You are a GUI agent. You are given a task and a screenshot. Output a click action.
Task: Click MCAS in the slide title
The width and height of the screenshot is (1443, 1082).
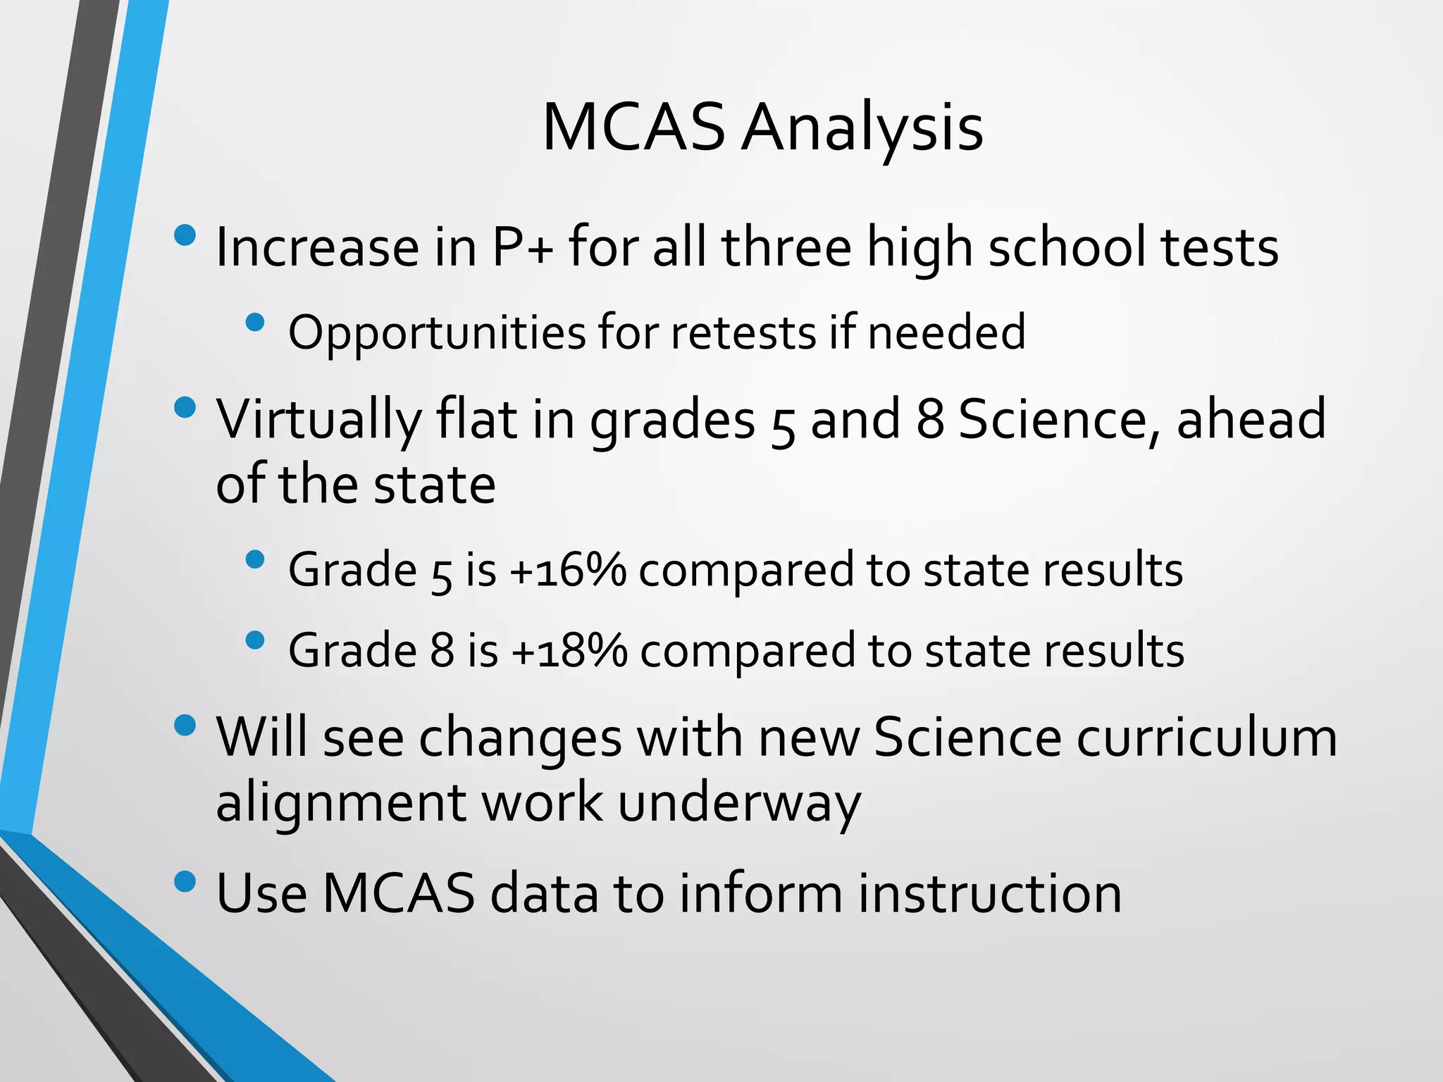[x=633, y=128]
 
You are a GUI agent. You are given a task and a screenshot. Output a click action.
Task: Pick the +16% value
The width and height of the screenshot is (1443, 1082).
[x=567, y=569]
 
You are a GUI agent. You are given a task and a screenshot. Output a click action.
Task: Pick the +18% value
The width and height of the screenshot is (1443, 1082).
[x=569, y=650]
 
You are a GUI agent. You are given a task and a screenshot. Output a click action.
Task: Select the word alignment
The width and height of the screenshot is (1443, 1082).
[x=339, y=803]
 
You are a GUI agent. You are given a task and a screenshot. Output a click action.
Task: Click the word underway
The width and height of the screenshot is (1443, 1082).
[x=739, y=803]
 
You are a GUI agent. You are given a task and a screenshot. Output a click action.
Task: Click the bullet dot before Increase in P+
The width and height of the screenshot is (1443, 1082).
[x=185, y=235]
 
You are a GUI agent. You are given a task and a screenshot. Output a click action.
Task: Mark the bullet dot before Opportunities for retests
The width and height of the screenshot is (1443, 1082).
[x=255, y=323]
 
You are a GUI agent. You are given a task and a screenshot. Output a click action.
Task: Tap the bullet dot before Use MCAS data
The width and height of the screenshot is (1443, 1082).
[x=185, y=882]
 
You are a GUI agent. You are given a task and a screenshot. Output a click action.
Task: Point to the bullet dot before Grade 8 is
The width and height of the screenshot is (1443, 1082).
[x=255, y=640]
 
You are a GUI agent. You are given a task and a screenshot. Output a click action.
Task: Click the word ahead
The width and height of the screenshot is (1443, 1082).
[x=1251, y=419]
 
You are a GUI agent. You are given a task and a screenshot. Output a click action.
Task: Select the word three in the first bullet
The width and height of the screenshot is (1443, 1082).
[x=786, y=248]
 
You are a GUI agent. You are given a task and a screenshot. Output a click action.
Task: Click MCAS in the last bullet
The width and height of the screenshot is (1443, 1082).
[x=399, y=893]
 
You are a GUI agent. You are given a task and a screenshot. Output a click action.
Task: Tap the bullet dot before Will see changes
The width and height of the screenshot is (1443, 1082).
[x=185, y=726]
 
